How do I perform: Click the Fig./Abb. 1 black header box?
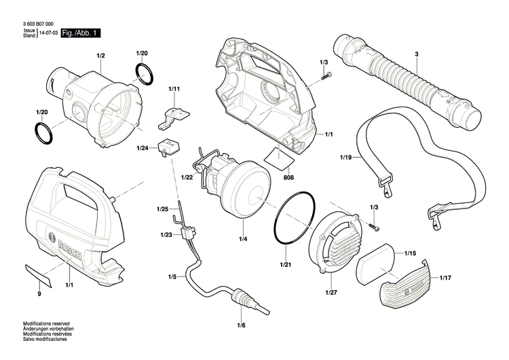81,33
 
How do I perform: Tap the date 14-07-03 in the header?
48,33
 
